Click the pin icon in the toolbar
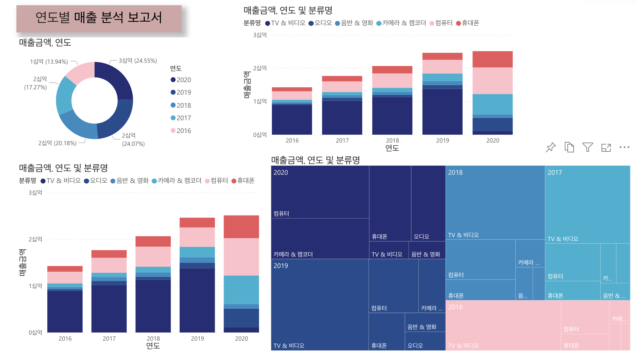(x=551, y=147)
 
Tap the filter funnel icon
(x=587, y=147)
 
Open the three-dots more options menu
(x=624, y=147)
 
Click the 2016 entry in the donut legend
(x=181, y=131)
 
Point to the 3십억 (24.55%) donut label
(x=138, y=61)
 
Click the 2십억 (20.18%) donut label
(x=57, y=143)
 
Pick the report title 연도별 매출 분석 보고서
(x=99, y=18)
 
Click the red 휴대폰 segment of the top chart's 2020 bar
(x=492, y=59)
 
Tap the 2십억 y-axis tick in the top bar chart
(x=260, y=68)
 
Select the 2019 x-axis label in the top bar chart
(x=442, y=141)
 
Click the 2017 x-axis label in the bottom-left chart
(x=109, y=339)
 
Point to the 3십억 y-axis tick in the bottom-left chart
(x=35, y=193)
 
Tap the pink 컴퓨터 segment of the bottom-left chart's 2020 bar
(x=241, y=257)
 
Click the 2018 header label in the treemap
(x=455, y=172)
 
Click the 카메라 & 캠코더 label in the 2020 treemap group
(x=293, y=254)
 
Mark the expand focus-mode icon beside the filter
(x=606, y=147)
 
